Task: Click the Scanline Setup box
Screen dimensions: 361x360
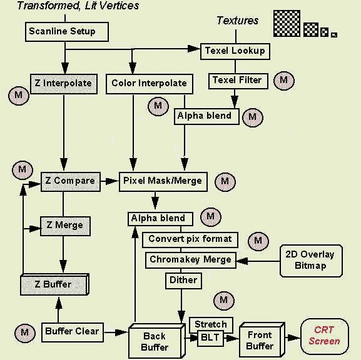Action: click(x=67, y=32)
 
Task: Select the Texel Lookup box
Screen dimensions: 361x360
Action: click(x=235, y=51)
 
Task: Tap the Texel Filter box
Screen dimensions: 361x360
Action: click(x=238, y=81)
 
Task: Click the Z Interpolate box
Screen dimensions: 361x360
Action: click(x=64, y=84)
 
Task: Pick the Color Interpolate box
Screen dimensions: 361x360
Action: click(x=150, y=84)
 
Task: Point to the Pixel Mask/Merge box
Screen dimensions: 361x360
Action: click(x=163, y=181)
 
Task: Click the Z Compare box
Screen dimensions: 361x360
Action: click(x=71, y=181)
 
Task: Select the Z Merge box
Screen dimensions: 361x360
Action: click(x=65, y=226)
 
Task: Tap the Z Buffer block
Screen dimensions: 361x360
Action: click(x=54, y=284)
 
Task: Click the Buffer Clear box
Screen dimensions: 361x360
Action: click(x=73, y=332)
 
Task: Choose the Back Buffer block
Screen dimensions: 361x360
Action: click(x=157, y=341)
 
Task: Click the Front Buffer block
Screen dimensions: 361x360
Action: click(x=262, y=339)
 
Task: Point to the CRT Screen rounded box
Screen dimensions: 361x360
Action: click(x=325, y=336)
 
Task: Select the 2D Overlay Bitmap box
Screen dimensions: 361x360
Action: click(x=311, y=261)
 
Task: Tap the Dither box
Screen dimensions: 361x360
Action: click(x=183, y=281)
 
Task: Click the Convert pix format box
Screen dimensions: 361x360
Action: click(x=190, y=240)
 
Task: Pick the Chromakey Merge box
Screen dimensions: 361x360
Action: click(x=191, y=260)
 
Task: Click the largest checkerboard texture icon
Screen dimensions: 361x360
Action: click(x=287, y=23)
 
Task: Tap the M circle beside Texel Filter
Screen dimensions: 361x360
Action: click(x=284, y=81)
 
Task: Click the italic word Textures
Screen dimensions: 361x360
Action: click(x=237, y=21)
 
